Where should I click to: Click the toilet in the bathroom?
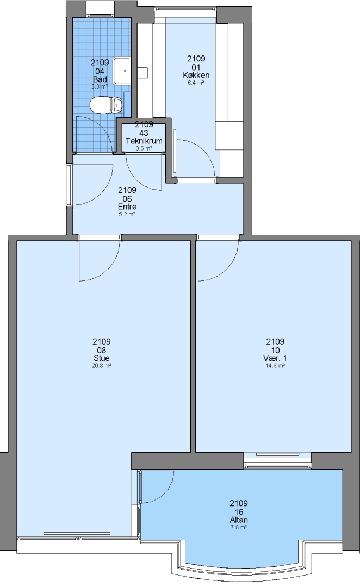point(107,104)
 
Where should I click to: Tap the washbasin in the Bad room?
point(122,71)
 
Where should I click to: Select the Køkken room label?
point(196,75)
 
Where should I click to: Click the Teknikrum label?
point(144,141)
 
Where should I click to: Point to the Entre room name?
point(127,207)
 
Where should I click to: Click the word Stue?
point(102,358)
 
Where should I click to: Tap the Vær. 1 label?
point(275,358)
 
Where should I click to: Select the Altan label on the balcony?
point(239,520)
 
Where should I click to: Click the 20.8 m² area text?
point(102,366)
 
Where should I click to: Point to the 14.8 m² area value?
point(275,366)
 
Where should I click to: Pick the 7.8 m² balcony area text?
point(239,527)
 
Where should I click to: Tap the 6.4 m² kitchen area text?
point(196,83)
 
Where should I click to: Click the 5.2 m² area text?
point(127,215)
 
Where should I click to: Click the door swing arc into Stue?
point(109,270)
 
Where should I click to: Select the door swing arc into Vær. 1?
point(228,269)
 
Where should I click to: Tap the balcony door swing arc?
point(165,495)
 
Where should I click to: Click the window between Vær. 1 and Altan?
point(277,460)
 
